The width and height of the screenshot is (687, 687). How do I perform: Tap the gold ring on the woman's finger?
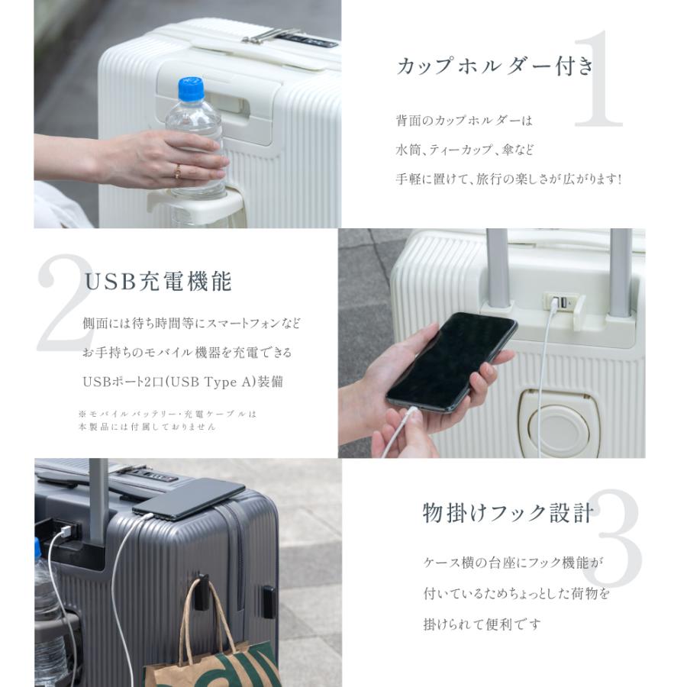pyautogui.click(x=178, y=170)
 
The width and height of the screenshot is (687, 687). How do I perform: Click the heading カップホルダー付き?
pyautogui.click(x=495, y=66)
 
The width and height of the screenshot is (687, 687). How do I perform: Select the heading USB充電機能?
pyautogui.click(x=158, y=282)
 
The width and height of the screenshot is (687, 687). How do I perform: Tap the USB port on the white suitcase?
pyautogui.click(x=560, y=303)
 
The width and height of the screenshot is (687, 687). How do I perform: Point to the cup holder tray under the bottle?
pyautogui.click(x=197, y=204)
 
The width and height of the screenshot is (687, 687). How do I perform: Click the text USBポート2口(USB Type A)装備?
pyautogui.click(x=182, y=382)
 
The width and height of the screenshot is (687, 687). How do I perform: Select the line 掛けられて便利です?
pyautogui.click(x=482, y=624)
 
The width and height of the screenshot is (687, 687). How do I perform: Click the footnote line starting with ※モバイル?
pyautogui.click(x=168, y=414)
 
